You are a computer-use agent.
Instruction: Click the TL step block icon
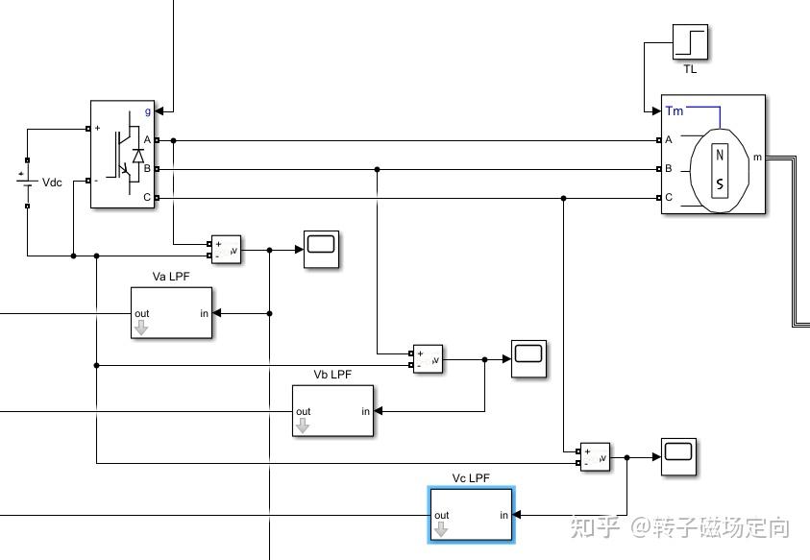[x=690, y=43]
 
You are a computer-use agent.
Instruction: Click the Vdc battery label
[x=52, y=183]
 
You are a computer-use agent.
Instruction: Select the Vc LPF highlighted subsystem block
[x=471, y=515]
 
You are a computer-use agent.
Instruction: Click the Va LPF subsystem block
[x=171, y=312]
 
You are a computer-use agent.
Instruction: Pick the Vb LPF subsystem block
[x=332, y=411]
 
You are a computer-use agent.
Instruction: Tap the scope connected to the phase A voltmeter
[x=321, y=249]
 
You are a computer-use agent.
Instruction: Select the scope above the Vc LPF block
[x=678, y=456]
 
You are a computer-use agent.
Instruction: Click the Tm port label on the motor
[x=675, y=111]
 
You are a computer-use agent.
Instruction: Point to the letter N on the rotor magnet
[x=720, y=157]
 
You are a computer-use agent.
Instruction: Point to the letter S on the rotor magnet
[x=720, y=184]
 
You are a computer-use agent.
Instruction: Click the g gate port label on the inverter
[x=148, y=111]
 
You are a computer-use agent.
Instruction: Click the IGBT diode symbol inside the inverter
[x=137, y=154]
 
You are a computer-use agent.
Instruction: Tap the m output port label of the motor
[x=757, y=157]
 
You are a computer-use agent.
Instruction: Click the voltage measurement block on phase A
[x=225, y=250]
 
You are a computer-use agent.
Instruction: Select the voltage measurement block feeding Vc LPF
[x=594, y=457]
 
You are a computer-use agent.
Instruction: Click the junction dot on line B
[x=377, y=169]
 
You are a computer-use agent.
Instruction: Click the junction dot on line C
[x=563, y=198]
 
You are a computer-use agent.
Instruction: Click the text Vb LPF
[x=332, y=375]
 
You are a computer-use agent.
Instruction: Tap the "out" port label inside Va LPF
[x=142, y=313]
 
